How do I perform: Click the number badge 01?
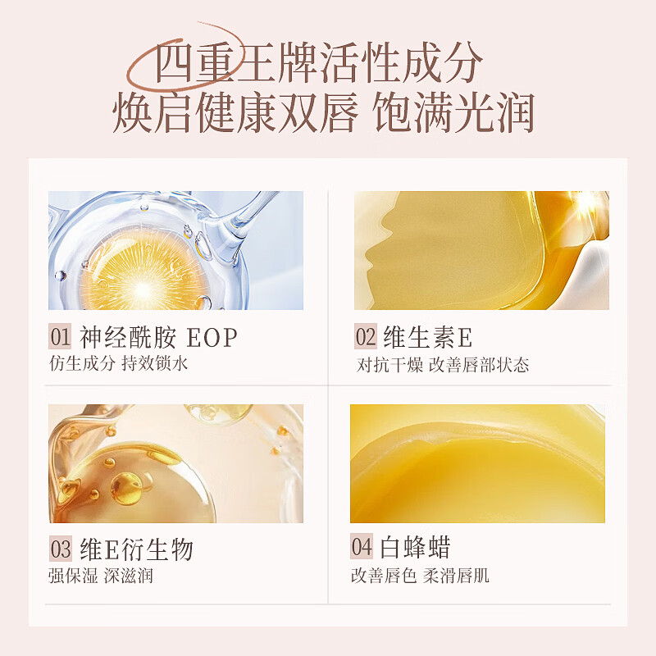tap(61, 337)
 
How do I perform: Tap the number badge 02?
tap(366, 337)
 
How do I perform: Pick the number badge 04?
tap(362, 547)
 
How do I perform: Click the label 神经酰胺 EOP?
tap(158, 337)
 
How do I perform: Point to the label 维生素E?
tap(428, 337)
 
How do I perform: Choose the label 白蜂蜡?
tap(415, 547)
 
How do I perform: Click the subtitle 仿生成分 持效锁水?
tap(119, 363)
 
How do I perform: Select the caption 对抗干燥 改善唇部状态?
tap(442, 364)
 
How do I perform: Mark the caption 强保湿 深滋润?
tap(101, 576)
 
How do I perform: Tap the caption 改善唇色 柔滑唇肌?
tap(420, 575)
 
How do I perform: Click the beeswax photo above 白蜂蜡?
tap(477, 463)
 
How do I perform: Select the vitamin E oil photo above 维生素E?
tap(481, 250)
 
